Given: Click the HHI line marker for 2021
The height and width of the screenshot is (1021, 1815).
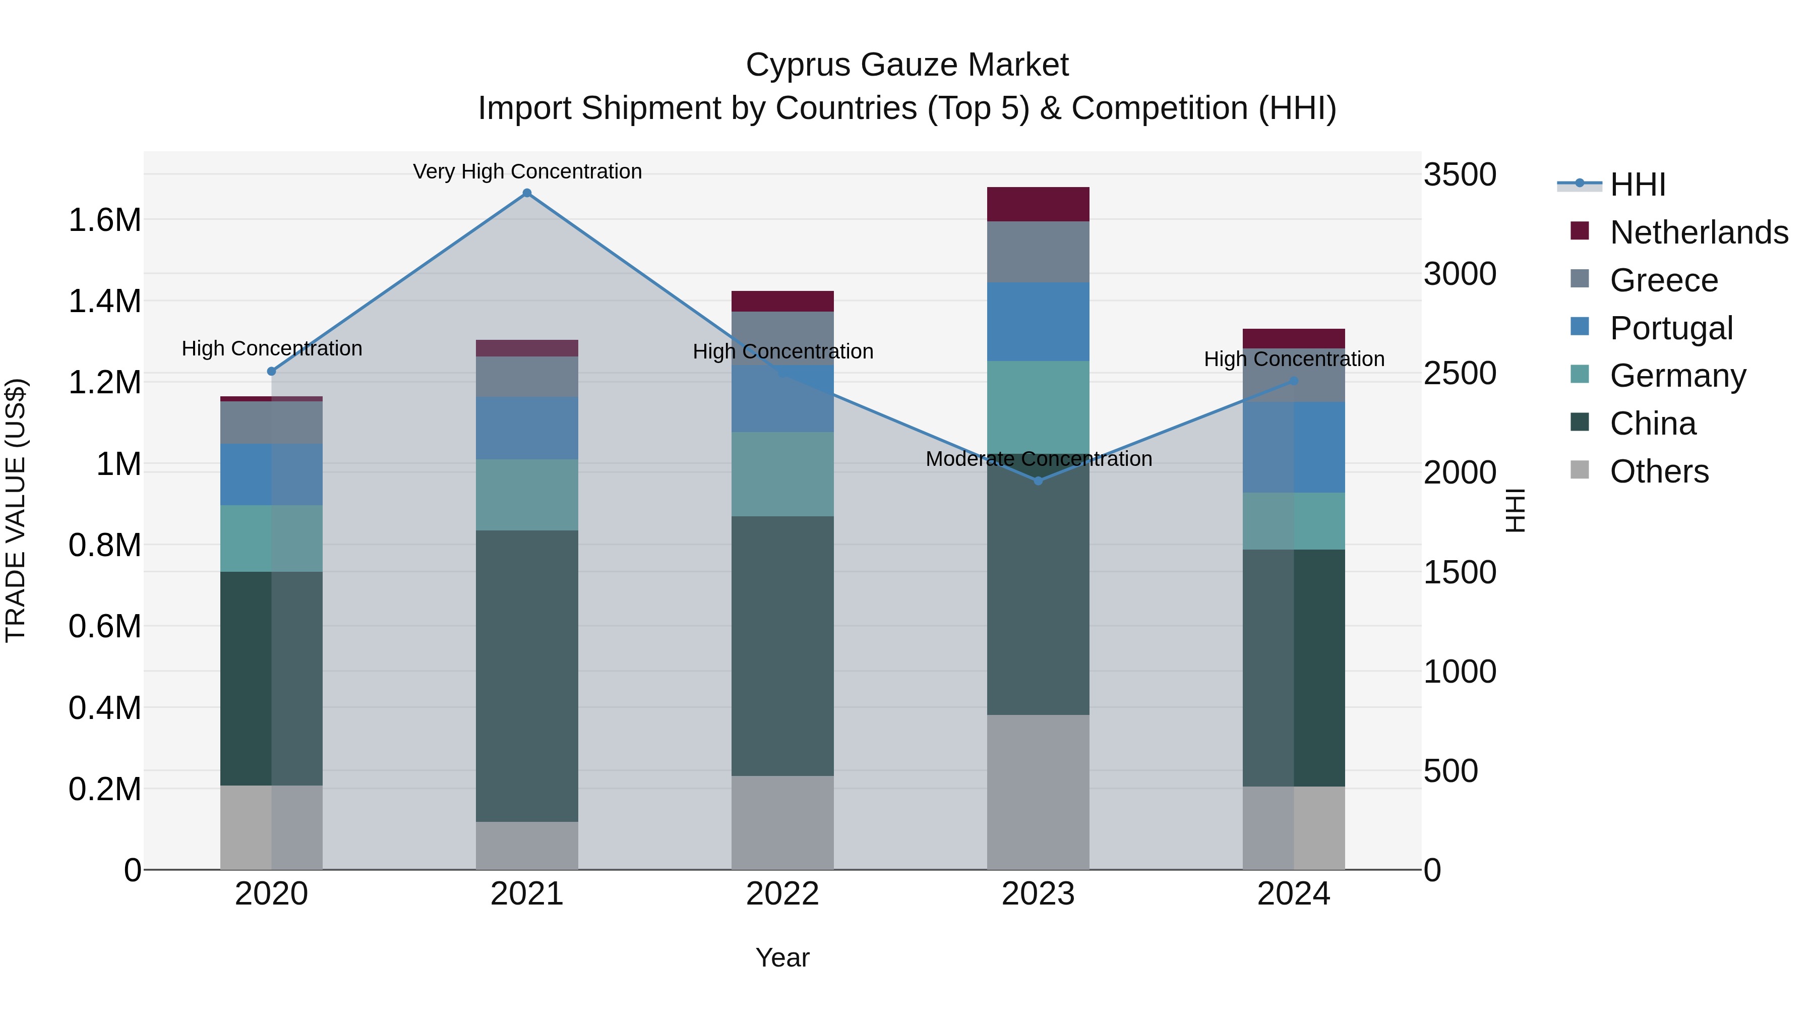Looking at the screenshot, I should click(526, 193).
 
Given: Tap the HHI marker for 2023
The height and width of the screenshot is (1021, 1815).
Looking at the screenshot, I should click(1038, 481).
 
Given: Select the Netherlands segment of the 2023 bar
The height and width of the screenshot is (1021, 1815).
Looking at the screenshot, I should click(1038, 204).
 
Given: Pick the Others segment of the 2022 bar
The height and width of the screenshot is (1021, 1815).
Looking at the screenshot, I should click(782, 822).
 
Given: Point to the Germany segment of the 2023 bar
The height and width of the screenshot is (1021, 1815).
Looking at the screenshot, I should click(1038, 407).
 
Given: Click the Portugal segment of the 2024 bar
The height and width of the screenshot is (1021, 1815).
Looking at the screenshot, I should click(1294, 447).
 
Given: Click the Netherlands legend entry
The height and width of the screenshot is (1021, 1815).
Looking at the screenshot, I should click(1698, 232).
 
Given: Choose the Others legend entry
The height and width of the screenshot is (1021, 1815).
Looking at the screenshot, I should click(1659, 471).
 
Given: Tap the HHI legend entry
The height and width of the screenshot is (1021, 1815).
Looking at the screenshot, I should click(1637, 185).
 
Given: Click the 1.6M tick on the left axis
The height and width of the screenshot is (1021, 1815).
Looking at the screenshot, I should click(104, 220).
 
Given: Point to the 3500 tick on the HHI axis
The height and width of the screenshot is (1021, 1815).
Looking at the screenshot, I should click(1459, 175).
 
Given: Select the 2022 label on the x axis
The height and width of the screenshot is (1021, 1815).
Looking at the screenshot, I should click(782, 894).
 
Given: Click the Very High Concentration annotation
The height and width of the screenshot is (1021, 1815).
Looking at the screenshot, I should click(527, 171).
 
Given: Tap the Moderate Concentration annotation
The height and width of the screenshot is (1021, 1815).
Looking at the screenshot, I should click(1039, 459).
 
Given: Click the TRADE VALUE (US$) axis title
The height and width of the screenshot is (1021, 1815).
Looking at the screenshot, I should click(16, 510).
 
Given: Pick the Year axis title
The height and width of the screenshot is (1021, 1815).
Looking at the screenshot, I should click(782, 957).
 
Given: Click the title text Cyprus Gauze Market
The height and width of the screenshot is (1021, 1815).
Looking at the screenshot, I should click(907, 65).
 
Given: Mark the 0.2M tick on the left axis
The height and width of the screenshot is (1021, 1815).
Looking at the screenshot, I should click(104, 789).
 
